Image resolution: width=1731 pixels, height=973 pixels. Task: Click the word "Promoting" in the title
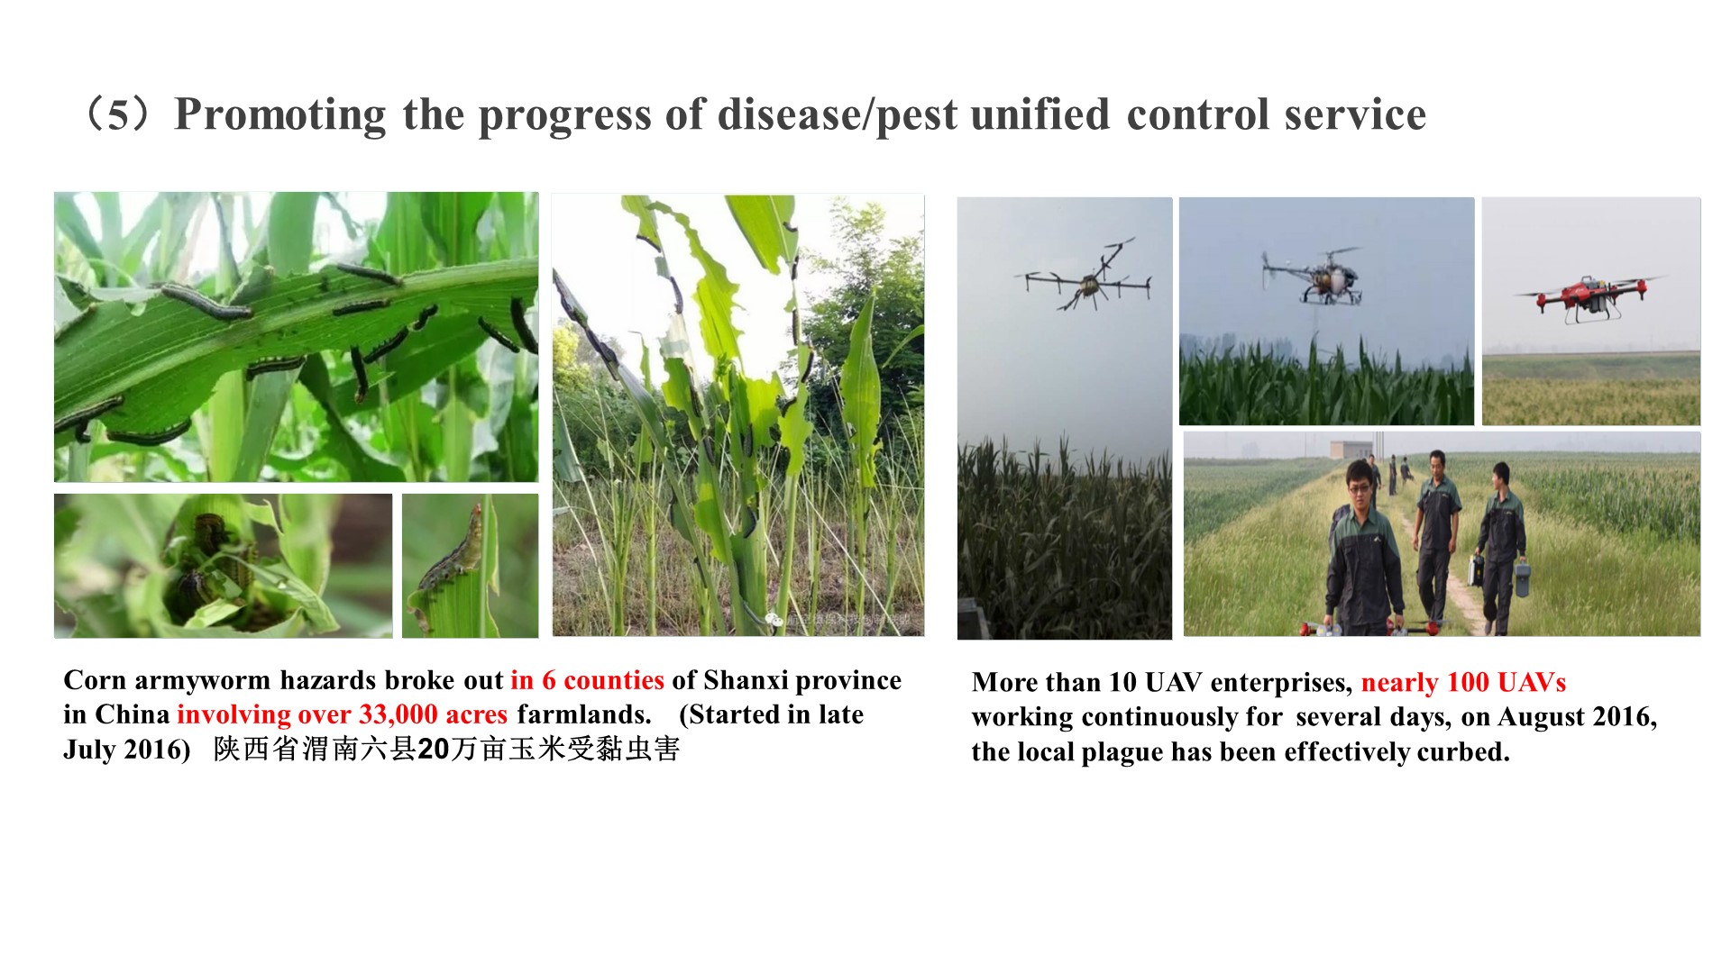tap(280, 115)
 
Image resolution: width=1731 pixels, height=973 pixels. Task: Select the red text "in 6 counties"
tap(587, 680)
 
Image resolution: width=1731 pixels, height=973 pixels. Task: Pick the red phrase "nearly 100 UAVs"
tap(1463, 683)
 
